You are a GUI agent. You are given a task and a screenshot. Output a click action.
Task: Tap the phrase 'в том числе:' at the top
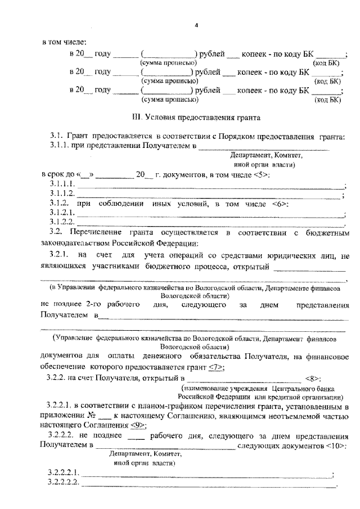64,42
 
